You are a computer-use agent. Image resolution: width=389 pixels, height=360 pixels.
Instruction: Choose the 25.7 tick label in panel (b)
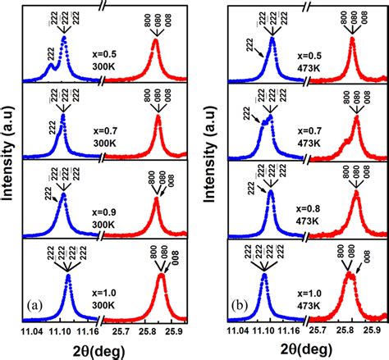(315, 331)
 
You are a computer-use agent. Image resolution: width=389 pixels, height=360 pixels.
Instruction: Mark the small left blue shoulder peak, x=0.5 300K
(50, 66)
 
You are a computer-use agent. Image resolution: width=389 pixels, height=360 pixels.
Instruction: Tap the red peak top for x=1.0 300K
(160, 276)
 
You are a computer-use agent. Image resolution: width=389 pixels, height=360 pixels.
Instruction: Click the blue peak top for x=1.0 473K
(264, 276)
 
